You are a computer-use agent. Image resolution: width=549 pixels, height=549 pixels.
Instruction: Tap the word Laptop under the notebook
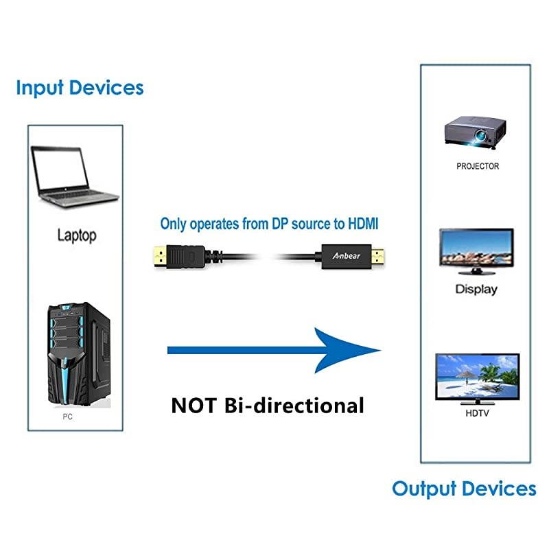[76, 235]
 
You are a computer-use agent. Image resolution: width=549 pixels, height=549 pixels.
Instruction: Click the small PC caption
[67, 416]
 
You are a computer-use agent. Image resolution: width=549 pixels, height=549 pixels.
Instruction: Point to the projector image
[476, 131]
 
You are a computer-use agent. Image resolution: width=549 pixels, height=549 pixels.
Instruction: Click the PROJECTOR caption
[478, 166]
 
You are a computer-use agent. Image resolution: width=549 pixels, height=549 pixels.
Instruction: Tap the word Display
[476, 289]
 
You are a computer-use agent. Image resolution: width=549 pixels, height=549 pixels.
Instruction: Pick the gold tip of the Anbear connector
[379, 257]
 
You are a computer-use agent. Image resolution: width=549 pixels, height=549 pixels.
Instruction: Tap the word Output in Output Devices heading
[424, 489]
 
